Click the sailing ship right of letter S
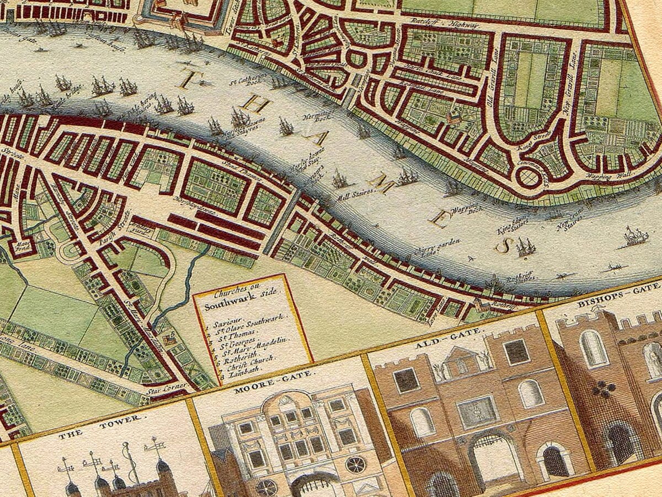point(636,236)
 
